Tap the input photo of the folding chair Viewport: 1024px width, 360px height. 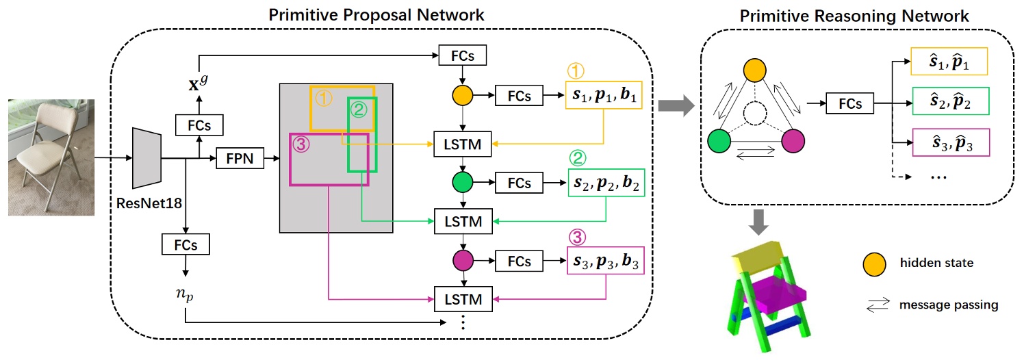[x=51, y=157]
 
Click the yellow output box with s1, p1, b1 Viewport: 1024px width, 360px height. [x=602, y=97]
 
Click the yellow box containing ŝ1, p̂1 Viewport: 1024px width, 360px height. [x=951, y=64]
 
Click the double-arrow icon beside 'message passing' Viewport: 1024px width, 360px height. [x=878, y=306]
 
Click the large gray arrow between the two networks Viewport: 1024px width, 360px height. [x=674, y=105]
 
